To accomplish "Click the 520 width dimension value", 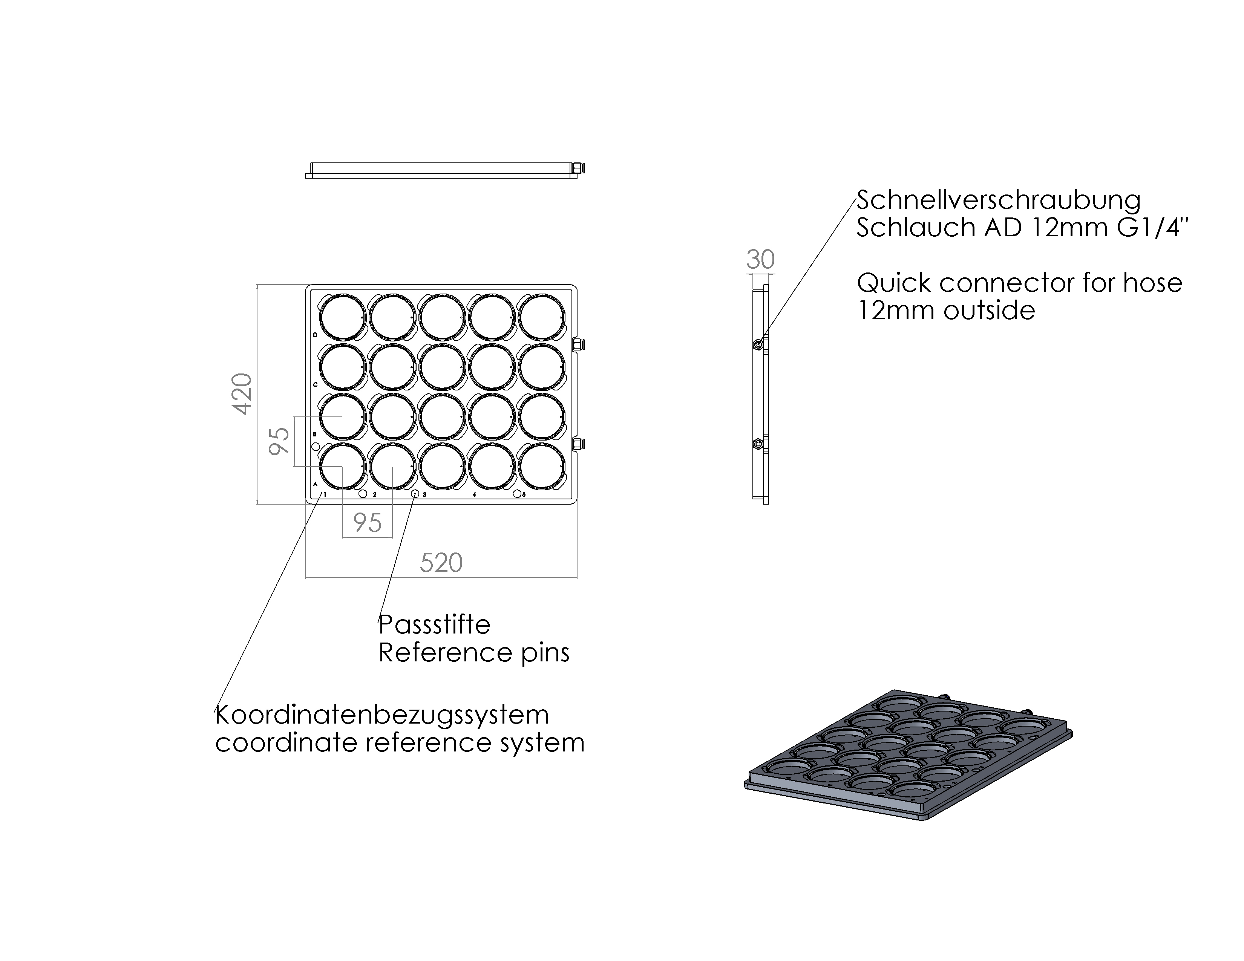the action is tap(441, 563).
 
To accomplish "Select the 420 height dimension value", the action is tap(242, 394).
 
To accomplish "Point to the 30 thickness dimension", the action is tap(760, 260).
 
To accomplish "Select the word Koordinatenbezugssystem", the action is tap(381, 715).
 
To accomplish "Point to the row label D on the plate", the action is tap(316, 335).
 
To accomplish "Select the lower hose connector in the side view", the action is tap(758, 444).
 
